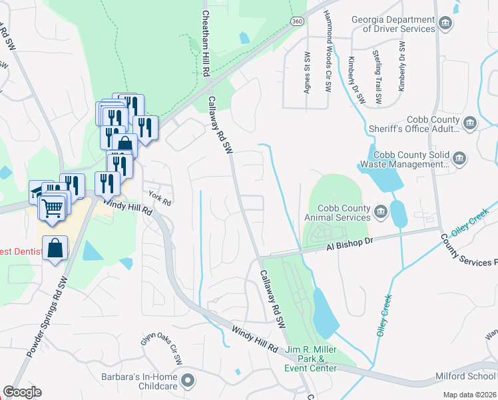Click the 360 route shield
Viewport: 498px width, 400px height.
tap(297, 21)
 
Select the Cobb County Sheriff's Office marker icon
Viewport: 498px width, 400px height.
tap(469, 123)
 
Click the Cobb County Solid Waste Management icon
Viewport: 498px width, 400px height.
tap(459, 159)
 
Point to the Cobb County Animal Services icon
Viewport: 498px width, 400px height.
tap(381, 213)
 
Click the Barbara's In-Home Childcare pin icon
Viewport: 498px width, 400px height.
tap(188, 381)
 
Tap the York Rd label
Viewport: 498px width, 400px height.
tap(160, 199)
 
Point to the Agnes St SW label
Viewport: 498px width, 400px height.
tap(308, 74)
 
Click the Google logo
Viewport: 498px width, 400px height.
tap(22, 392)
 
